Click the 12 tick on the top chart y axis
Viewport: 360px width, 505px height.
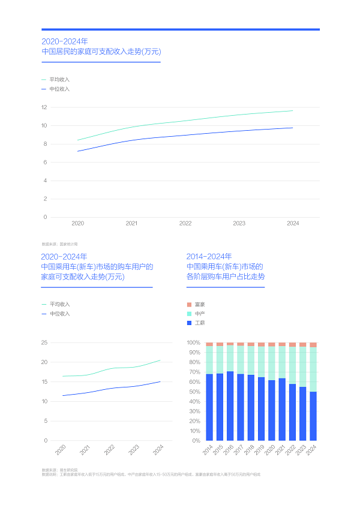tap(44, 107)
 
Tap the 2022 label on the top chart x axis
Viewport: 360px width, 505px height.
tap(185, 223)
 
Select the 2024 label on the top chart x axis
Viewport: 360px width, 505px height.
tap(293, 223)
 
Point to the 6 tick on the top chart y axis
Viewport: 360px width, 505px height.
tap(45, 162)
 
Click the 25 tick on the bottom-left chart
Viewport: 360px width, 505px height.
tap(44, 342)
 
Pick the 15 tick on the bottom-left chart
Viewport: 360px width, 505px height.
tap(44, 381)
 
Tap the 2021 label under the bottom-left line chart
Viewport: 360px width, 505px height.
tap(85, 450)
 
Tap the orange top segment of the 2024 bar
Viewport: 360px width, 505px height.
tap(313, 345)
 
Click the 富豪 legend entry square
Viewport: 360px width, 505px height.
tap(190, 305)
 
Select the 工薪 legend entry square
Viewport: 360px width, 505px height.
tap(190, 323)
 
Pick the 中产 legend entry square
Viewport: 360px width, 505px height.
tap(190, 314)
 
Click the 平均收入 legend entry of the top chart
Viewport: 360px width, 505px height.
tap(59, 79)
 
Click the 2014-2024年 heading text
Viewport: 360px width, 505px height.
tap(209, 256)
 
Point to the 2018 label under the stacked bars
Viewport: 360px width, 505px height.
tap(251, 450)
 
